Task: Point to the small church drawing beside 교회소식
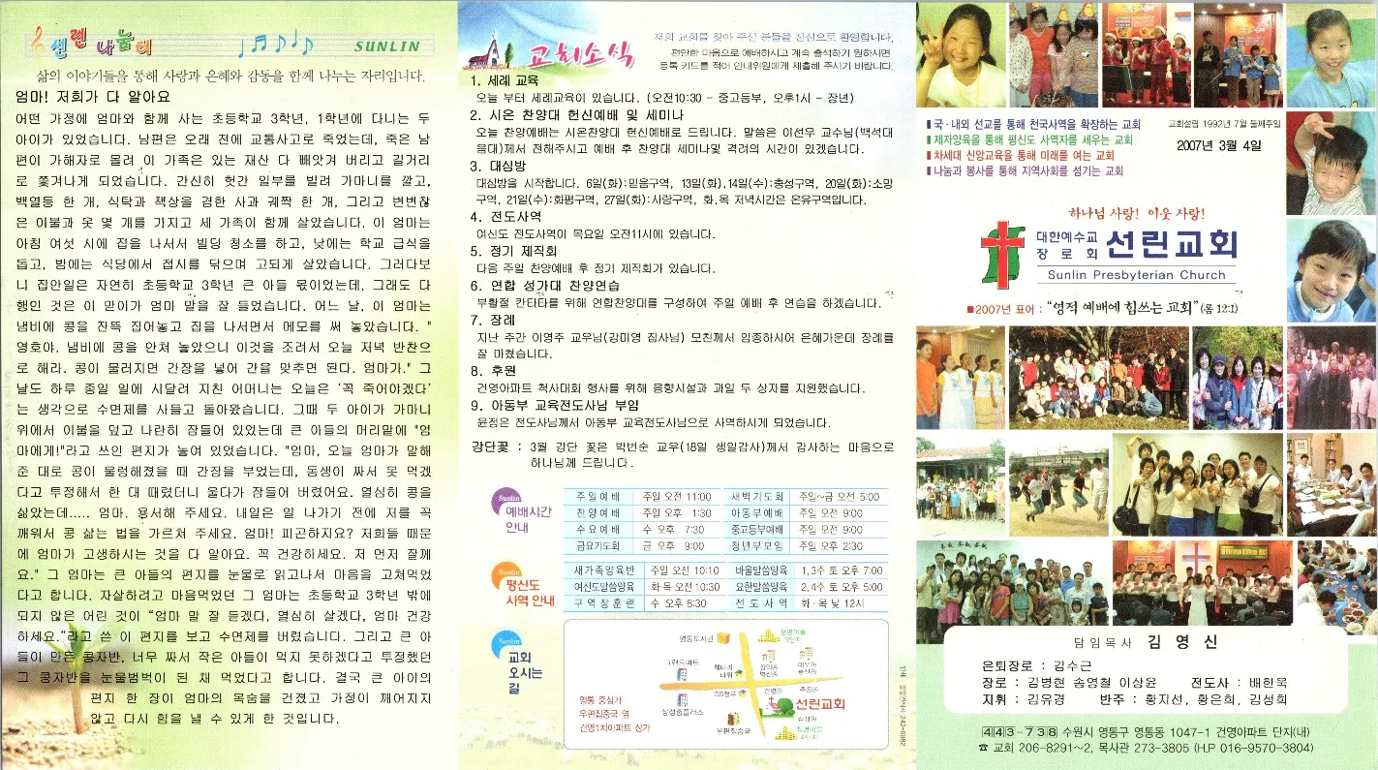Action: tap(491, 53)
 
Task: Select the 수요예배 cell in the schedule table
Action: tap(597, 530)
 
